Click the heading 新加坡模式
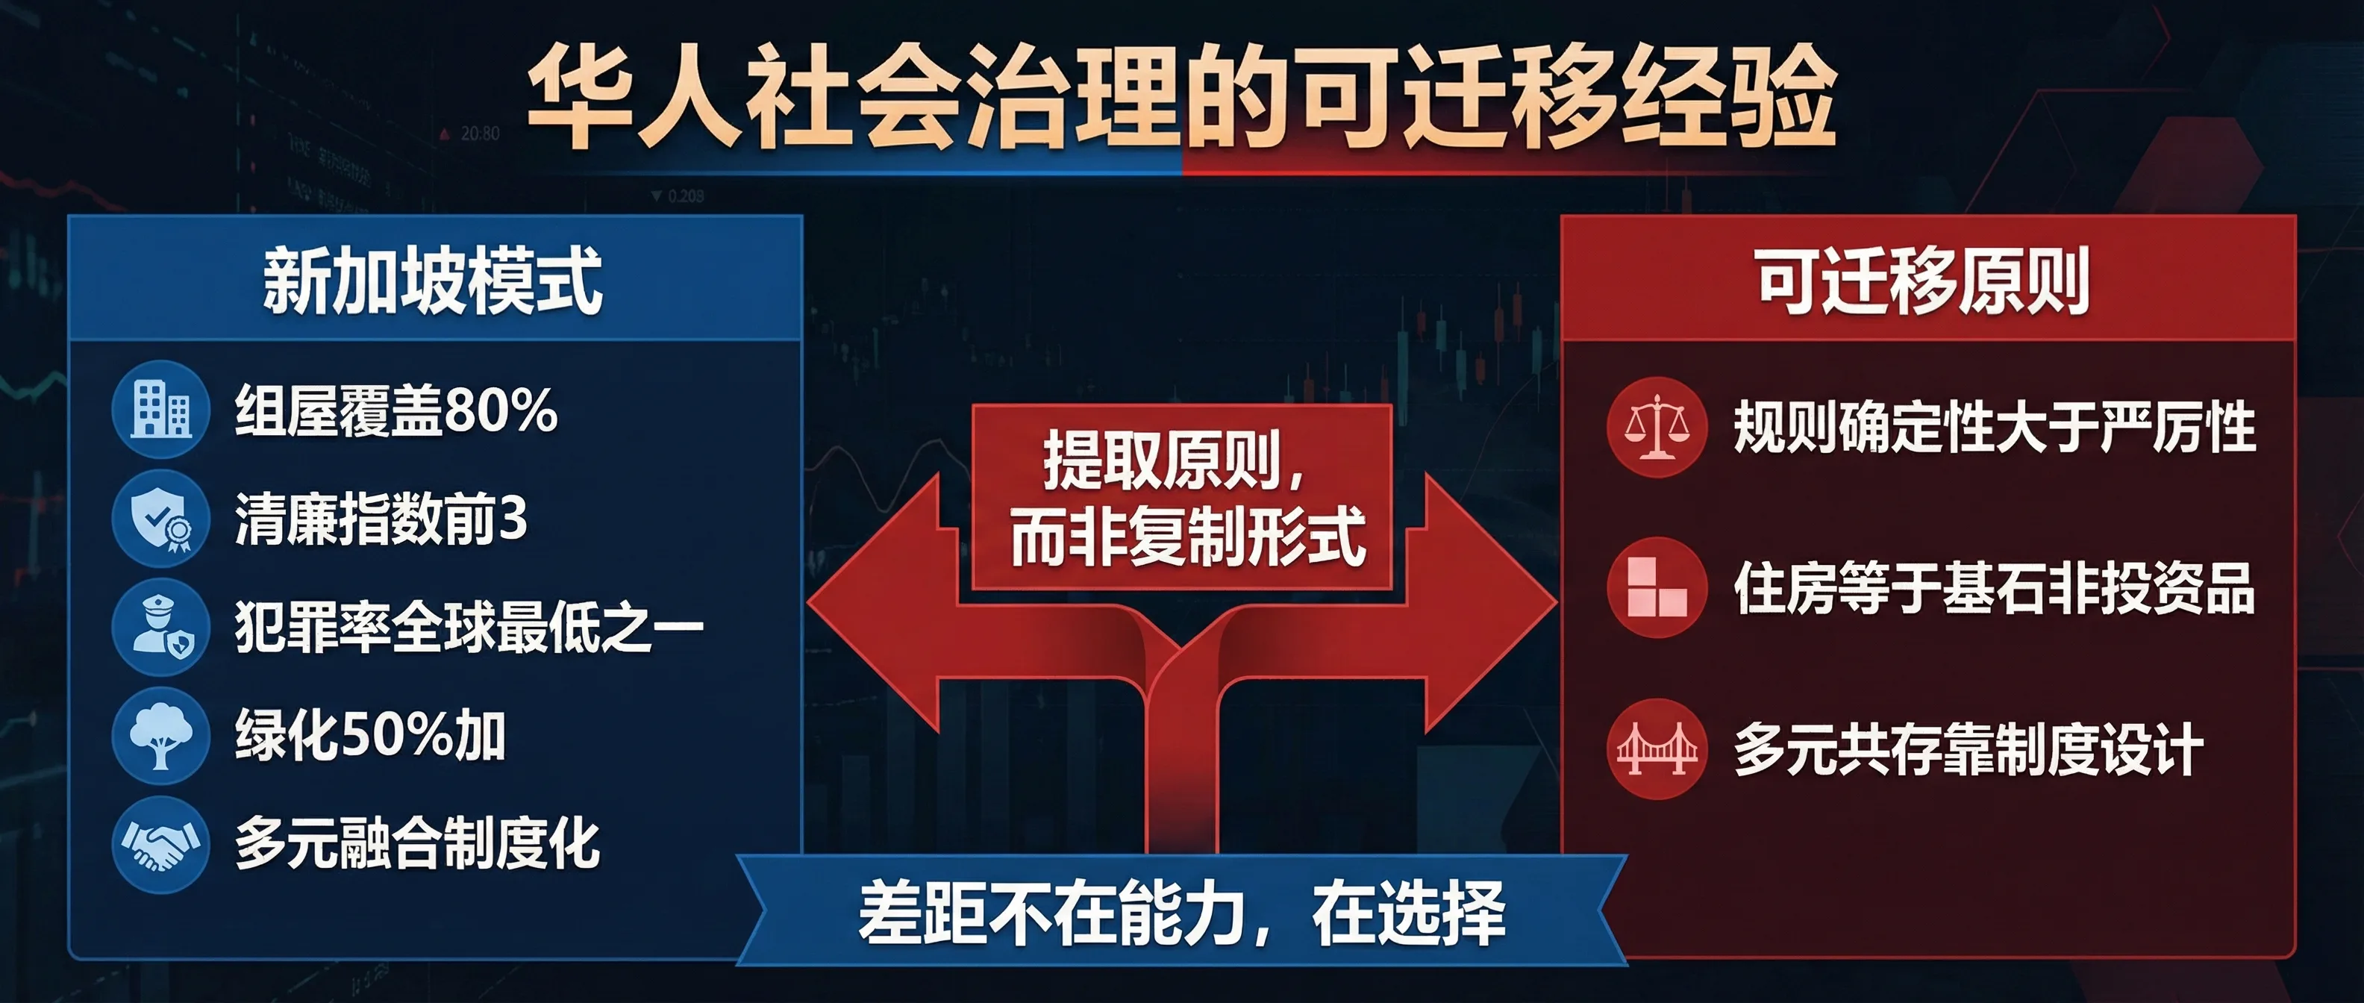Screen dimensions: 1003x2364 (432, 281)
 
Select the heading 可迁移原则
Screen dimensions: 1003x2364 (1924, 281)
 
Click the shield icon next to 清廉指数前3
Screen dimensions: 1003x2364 (160, 519)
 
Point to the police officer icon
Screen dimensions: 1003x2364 (160, 628)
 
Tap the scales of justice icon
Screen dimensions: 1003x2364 (1657, 427)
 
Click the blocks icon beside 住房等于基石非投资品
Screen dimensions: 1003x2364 (1657, 587)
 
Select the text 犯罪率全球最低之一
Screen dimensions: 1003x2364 (468, 628)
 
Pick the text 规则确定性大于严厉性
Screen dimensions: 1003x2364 (1993, 428)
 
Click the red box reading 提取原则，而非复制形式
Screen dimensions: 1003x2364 (1182, 499)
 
